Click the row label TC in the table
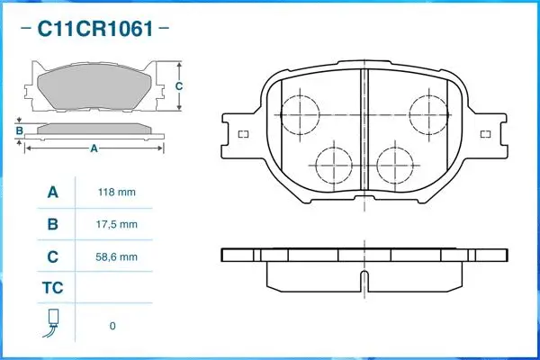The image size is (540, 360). coord(52,288)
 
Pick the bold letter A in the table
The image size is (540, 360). coord(52,192)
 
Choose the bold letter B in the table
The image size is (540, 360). coord(52,224)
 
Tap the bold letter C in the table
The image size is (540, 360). coord(52,256)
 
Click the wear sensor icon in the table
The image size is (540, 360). coord(52,323)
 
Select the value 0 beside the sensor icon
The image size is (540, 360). coord(112,326)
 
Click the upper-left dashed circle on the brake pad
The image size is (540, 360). coord(301,114)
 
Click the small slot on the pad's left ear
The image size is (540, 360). coord(243,135)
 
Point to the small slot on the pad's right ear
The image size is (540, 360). coord(486,135)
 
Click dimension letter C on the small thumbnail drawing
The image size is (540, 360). coord(178,86)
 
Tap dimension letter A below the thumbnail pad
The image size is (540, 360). coord(94,149)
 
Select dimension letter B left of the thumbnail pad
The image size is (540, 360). coord(20,131)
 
